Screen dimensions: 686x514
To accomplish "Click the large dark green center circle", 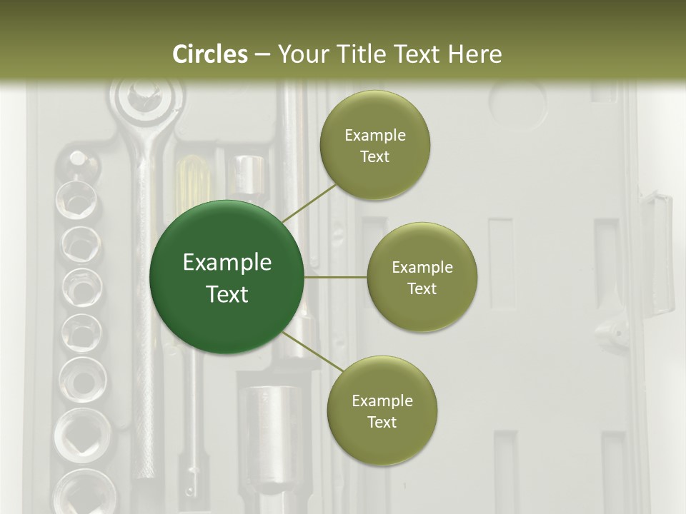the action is click(x=227, y=277).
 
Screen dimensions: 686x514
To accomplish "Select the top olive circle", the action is click(x=374, y=145).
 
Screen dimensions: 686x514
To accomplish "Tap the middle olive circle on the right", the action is click(x=422, y=277).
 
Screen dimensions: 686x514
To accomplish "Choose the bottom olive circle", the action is click(x=382, y=410).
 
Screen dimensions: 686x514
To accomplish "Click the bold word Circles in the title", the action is click(x=210, y=54).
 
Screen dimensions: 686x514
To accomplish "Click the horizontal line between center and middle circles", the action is click(x=336, y=277).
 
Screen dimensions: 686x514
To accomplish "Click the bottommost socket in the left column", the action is click(x=82, y=493).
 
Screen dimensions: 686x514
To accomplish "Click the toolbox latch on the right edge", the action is click(x=656, y=250).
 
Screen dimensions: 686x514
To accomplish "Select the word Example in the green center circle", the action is click(x=227, y=263).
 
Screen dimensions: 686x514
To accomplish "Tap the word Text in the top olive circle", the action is click(x=374, y=156).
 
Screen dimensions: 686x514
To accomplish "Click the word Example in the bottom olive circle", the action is click(x=382, y=400).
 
